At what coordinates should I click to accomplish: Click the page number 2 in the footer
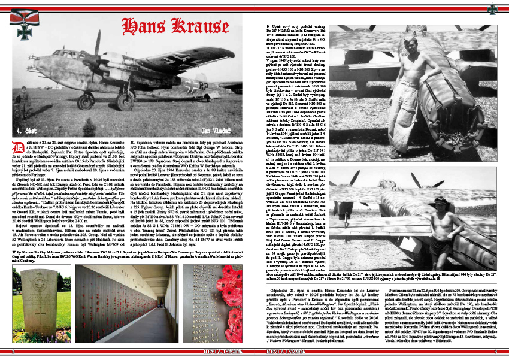14,352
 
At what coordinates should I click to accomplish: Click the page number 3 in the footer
495,352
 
